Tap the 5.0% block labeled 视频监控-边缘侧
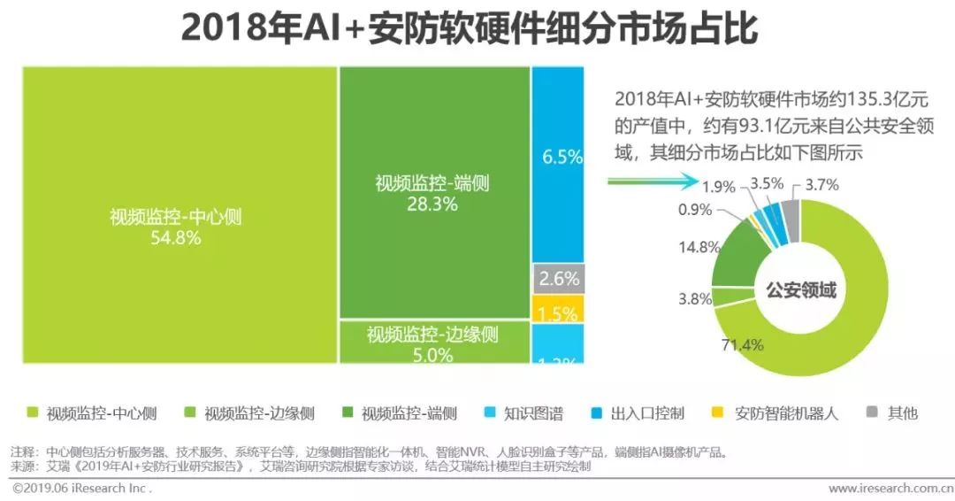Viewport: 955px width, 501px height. tap(433, 343)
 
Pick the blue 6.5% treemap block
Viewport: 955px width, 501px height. tap(558, 159)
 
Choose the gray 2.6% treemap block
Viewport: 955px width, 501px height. tap(558, 280)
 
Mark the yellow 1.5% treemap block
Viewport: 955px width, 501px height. tap(558, 311)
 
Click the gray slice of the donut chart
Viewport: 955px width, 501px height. tap(790, 216)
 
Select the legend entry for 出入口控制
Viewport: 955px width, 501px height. tap(641, 413)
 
